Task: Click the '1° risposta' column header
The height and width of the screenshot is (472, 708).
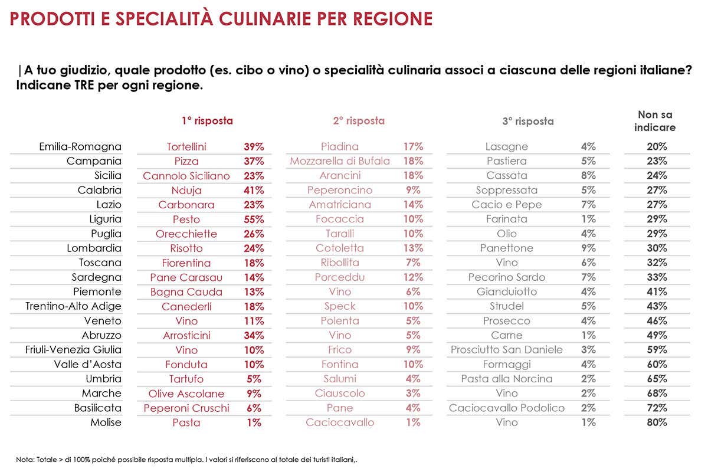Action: [x=207, y=121]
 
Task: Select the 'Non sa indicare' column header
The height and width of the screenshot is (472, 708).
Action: [x=655, y=121]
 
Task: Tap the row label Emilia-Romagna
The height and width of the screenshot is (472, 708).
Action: [x=80, y=147]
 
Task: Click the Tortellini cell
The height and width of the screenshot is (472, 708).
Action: [x=186, y=147]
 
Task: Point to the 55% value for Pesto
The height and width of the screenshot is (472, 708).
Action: [x=254, y=219]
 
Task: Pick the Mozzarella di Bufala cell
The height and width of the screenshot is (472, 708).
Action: [x=340, y=161]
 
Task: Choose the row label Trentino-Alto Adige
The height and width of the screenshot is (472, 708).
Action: [x=73, y=306]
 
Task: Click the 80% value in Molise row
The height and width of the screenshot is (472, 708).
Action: [x=656, y=422]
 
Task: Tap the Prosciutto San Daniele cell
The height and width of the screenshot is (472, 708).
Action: [x=507, y=350]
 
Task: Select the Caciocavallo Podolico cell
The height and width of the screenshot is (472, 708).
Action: [x=507, y=408]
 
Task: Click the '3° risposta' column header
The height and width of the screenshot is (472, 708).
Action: [x=528, y=122]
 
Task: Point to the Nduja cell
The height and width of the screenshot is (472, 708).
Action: [x=186, y=191]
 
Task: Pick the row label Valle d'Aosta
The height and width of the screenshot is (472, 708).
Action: [x=87, y=365]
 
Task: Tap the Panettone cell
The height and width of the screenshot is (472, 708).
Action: [x=507, y=248]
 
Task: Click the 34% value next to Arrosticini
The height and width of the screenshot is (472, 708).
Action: [x=254, y=336]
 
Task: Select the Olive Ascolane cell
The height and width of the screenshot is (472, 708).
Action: [x=186, y=394]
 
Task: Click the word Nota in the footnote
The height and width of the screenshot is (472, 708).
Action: [x=25, y=458]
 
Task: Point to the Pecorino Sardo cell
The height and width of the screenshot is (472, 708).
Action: [x=507, y=277]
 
